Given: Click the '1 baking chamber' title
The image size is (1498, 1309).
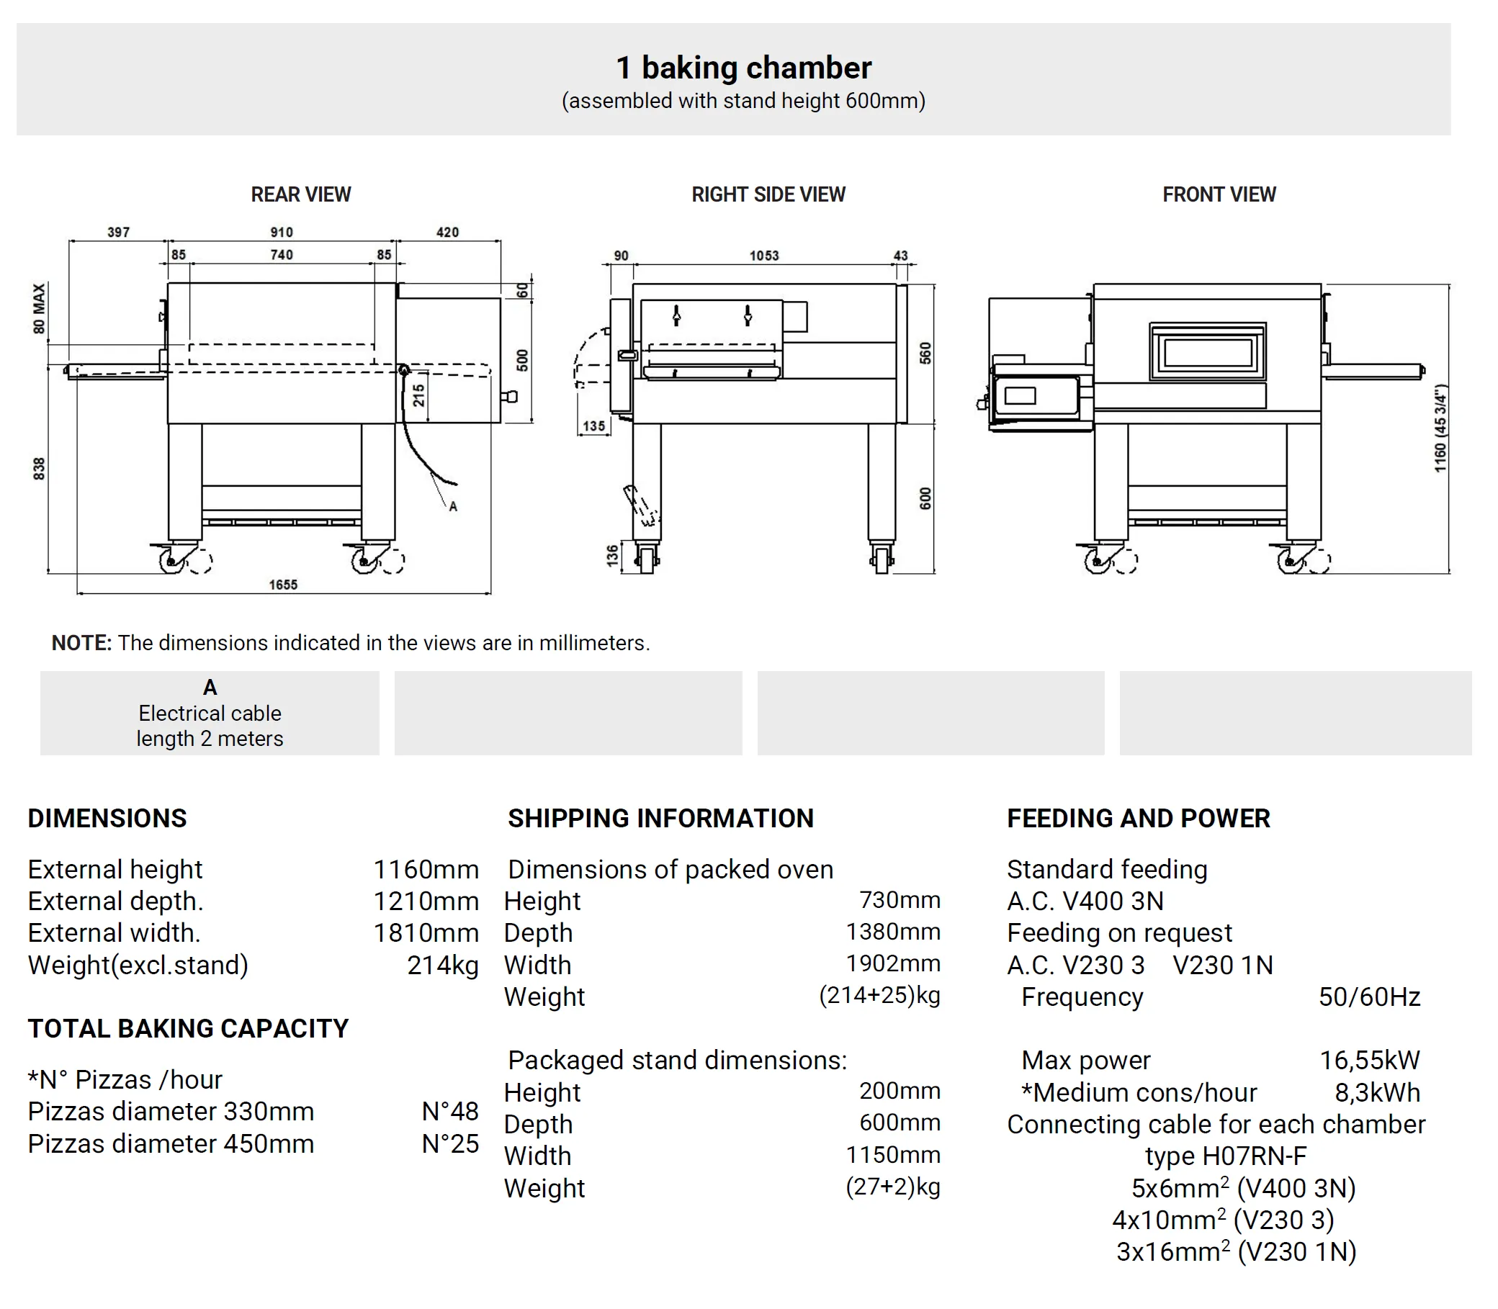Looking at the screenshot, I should (743, 68).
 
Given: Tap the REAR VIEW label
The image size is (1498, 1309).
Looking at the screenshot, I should (300, 194).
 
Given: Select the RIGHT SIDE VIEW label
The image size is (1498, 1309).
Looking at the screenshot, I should (768, 194).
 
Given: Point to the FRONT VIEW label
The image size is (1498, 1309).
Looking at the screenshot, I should (1219, 194).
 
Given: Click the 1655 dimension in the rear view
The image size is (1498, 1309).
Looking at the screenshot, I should (283, 585).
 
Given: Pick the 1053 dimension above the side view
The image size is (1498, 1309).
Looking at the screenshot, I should (763, 256).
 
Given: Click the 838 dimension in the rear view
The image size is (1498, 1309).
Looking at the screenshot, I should (39, 468).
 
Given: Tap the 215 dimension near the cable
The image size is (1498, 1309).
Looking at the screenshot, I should (418, 395).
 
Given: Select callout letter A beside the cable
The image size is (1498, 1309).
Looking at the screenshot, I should (453, 506).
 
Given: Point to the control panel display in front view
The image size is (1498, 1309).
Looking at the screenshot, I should (1020, 396).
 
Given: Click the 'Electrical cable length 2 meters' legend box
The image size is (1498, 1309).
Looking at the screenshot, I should (210, 713).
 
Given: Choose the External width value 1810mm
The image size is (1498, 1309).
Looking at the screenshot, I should (426, 933).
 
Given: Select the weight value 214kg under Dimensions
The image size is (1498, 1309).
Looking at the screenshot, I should (442, 965).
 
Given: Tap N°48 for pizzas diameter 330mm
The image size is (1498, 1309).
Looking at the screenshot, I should (450, 1111).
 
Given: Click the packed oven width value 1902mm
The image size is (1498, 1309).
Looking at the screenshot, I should (893, 963).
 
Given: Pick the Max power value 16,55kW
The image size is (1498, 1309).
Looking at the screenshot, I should (1369, 1060).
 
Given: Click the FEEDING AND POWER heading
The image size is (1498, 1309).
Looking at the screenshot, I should (1138, 818).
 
